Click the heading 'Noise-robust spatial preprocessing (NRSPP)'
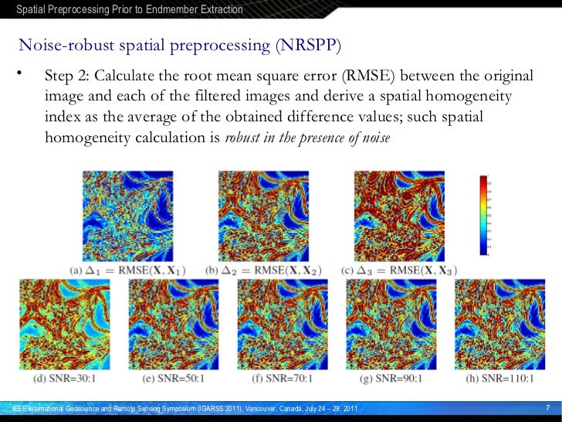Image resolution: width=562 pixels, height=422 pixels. click(179, 45)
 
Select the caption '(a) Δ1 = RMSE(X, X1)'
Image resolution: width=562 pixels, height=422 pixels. click(129, 271)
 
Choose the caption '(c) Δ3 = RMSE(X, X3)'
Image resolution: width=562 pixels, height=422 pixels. click(400, 271)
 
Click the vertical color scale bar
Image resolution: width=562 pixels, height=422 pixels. click(484, 215)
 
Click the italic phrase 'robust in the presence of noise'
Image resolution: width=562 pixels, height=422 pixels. click(307, 138)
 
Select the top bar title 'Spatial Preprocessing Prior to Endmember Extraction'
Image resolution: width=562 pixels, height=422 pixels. click(130, 10)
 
